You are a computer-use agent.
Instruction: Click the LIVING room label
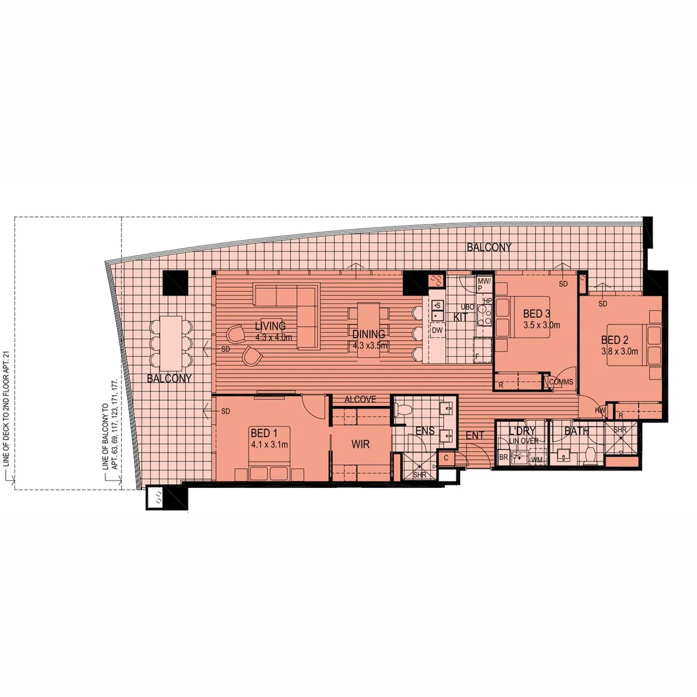point(270,326)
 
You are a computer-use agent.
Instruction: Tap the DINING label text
point(369,334)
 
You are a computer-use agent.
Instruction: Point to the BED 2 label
point(614,339)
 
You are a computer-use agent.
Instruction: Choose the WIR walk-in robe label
point(360,445)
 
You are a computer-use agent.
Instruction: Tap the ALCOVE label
point(360,399)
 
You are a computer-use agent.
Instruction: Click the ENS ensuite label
point(424,431)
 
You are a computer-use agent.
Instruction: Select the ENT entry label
point(475,436)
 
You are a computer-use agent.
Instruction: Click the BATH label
point(576,430)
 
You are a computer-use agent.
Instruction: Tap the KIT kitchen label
point(461,317)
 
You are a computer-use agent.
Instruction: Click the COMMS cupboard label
point(561,382)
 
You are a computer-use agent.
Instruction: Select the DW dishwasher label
point(437,330)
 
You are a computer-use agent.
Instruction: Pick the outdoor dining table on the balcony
point(171,341)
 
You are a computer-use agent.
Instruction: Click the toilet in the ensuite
point(404,409)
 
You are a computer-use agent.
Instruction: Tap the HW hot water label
point(600,410)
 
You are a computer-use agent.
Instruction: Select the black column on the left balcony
point(175,283)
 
